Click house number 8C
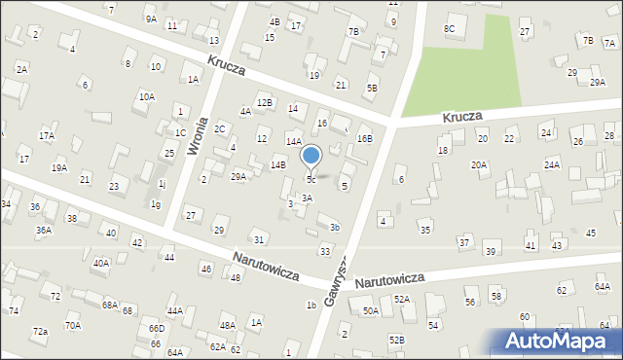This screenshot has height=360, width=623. pos(450,29)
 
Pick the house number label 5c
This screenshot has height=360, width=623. pos(311,179)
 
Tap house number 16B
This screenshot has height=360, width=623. pos(364,139)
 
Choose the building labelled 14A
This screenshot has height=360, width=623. pos(292,142)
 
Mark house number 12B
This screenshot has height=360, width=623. pos(264,102)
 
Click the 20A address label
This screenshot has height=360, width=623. pos(479,165)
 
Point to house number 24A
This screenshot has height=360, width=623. pos(552,165)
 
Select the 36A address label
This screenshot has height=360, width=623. pos(44,231)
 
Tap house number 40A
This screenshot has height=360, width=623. pos(101,263)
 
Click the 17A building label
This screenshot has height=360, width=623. pos(46,136)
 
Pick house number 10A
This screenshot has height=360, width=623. pos(146,96)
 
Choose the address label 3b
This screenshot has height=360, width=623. pos(334,228)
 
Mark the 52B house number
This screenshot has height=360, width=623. pos(396,340)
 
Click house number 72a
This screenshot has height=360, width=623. pos(39,332)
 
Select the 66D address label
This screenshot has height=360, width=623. pos(156,329)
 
